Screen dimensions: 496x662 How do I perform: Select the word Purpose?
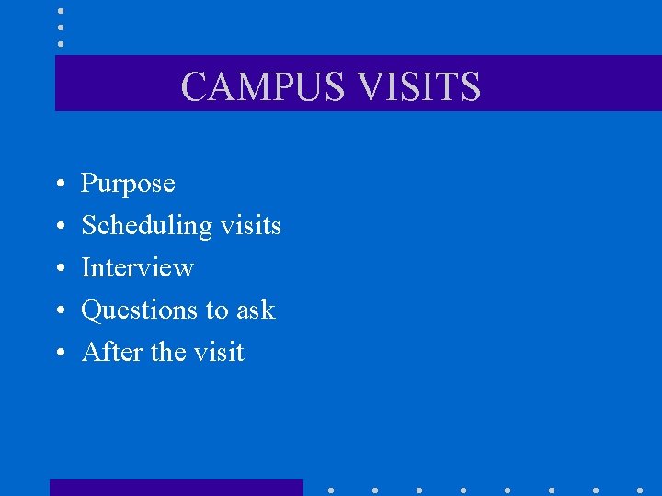128,184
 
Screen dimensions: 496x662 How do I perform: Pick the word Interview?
137,267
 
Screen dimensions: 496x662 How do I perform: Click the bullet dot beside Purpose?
59,185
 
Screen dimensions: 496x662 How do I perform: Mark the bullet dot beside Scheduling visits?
59,227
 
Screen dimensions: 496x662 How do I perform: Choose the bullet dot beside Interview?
59,269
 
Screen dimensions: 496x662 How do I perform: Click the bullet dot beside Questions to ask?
59,311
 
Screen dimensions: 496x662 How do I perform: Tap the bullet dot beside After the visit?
59,354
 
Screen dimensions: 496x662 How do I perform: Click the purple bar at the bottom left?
176,488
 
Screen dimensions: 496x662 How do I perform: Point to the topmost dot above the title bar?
61,10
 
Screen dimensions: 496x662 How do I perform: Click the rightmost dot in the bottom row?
640,490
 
